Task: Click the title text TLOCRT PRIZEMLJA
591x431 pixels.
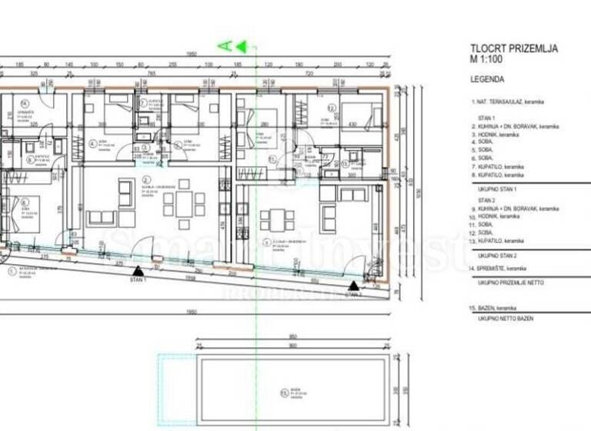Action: click(x=513, y=48)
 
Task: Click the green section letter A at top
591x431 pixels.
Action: click(x=225, y=46)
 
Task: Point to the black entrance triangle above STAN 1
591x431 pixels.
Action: click(x=138, y=271)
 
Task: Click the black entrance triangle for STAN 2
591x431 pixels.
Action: click(x=352, y=286)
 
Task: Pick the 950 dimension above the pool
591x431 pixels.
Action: click(x=293, y=336)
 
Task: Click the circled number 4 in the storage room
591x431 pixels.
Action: click(x=25, y=103)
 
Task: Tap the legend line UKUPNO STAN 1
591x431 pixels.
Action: click(x=499, y=189)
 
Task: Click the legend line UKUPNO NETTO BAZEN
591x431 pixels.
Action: click(x=509, y=318)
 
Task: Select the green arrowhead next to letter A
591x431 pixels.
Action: click(x=241, y=46)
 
